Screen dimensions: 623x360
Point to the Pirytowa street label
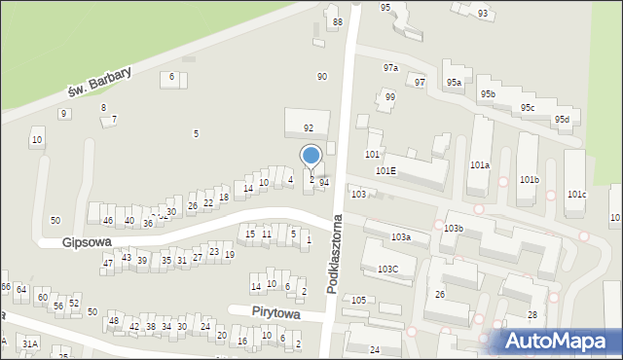coord(272,315)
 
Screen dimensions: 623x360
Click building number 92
coord(309,127)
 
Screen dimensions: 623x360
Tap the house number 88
coord(338,21)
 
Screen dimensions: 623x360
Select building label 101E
coord(386,170)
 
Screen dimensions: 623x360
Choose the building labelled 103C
coord(387,269)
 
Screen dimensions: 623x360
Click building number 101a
coord(479,166)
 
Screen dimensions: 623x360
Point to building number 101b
coord(529,180)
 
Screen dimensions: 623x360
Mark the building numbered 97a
coord(390,68)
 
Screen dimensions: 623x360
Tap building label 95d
coord(562,120)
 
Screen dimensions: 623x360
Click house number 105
coord(358,300)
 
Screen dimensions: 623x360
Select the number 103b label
coord(453,228)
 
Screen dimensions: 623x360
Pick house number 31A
coord(30,344)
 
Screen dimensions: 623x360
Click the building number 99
coord(389,97)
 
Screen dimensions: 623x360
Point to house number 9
coord(64,114)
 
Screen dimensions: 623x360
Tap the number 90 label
coord(322,76)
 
